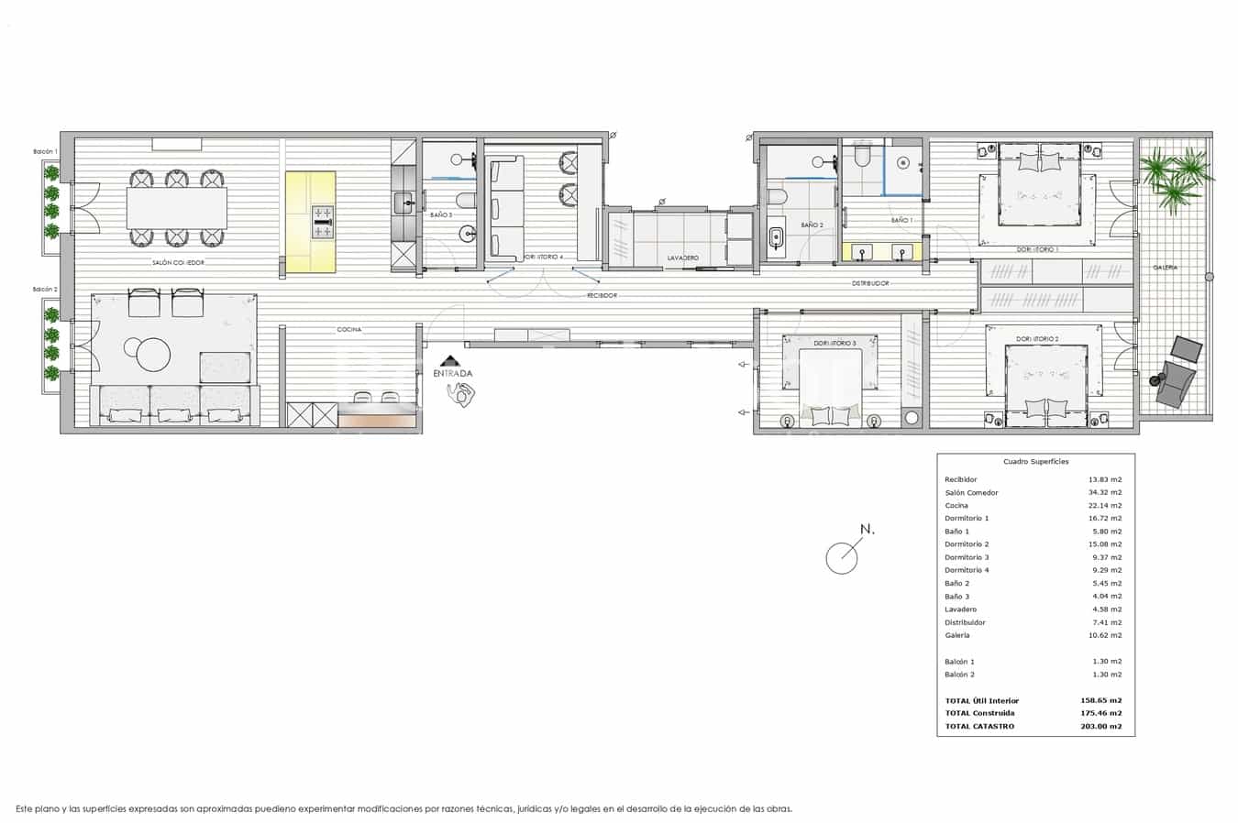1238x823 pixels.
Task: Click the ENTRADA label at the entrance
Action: point(453,374)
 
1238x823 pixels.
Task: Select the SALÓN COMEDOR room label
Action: point(178,263)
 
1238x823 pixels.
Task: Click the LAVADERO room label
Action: point(682,258)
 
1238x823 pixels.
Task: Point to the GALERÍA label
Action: point(1166,268)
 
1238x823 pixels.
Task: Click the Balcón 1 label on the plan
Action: point(45,151)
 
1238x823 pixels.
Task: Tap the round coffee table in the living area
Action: point(152,354)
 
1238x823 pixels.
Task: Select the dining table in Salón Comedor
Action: point(176,208)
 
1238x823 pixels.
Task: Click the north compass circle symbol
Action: point(841,558)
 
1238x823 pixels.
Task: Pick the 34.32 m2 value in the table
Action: point(1104,493)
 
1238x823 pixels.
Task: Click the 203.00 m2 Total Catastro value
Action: point(1100,727)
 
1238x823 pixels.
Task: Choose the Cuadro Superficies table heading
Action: point(1035,462)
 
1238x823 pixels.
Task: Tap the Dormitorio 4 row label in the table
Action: point(967,570)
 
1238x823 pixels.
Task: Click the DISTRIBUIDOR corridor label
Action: point(870,284)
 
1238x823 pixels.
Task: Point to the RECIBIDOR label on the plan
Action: point(602,296)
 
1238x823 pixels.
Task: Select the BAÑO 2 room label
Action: point(812,225)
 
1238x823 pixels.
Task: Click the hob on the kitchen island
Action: point(323,216)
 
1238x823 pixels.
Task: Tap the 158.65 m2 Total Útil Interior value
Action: point(1100,701)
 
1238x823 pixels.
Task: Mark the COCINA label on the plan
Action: point(349,330)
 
